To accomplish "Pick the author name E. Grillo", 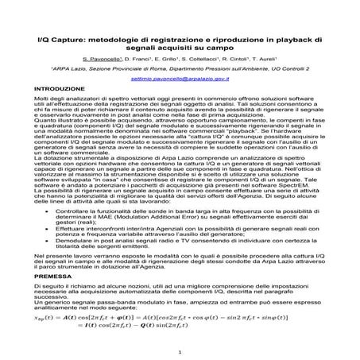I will pos(187,59).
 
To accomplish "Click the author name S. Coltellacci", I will pos(225,59).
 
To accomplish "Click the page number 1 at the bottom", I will pos(180,350).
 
